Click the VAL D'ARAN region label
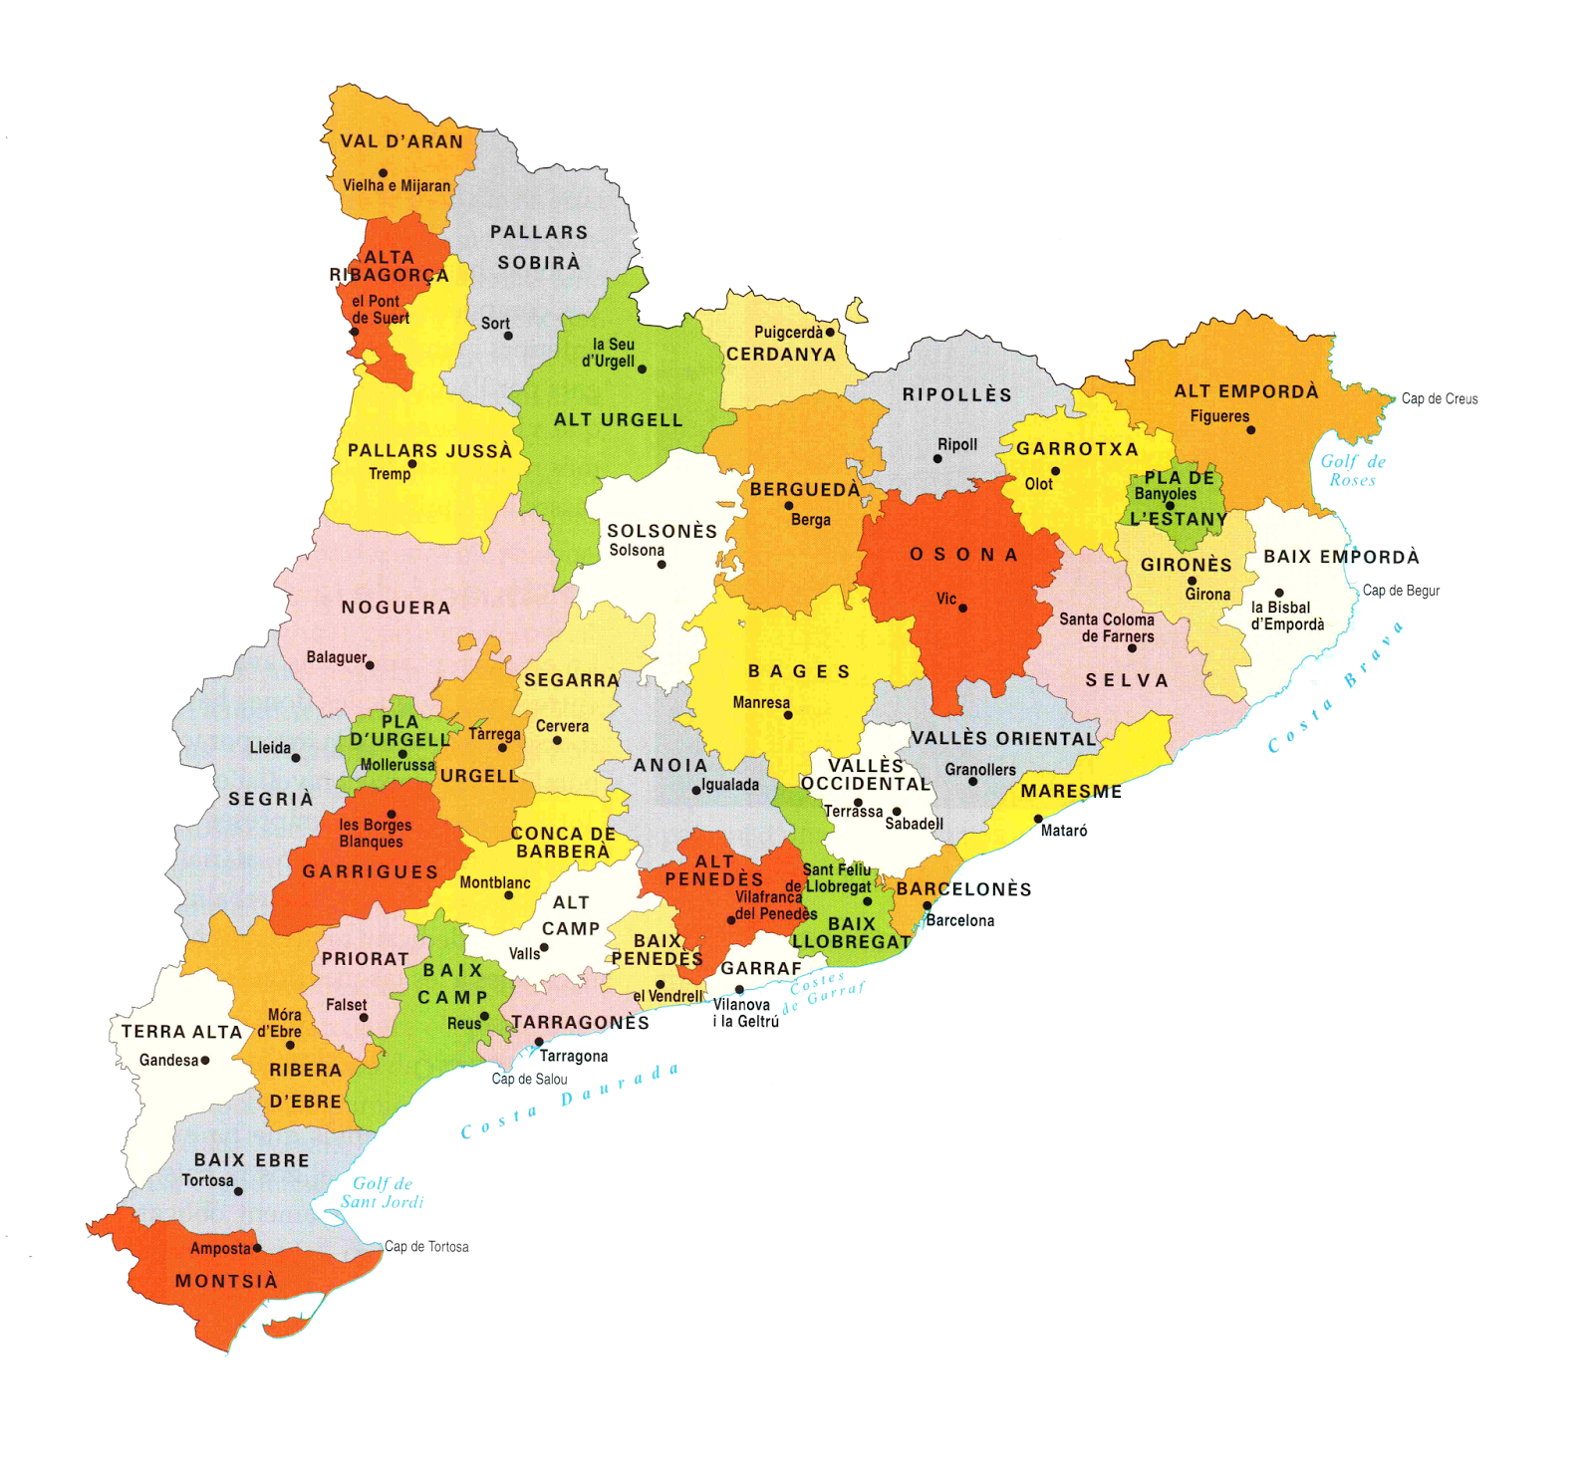[x=401, y=141]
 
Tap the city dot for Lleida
[x=296, y=758]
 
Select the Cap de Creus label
[x=1439, y=398]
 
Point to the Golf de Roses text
[x=1352, y=470]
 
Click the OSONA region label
[x=963, y=555]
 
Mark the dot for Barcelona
[x=927, y=905]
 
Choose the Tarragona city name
[x=573, y=1056]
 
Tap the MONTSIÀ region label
[x=226, y=1282]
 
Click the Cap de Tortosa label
[x=426, y=1246]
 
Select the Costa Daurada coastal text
[x=569, y=1100]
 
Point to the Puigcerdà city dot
[x=830, y=332]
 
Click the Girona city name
[x=1207, y=595]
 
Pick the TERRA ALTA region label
[x=181, y=1032]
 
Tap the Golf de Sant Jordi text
[x=382, y=1192]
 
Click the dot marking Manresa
[x=788, y=715]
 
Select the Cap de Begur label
[x=1401, y=591]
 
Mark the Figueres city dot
[x=1251, y=430]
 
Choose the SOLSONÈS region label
[x=663, y=531]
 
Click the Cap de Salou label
[x=529, y=1079]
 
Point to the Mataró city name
[x=1063, y=831]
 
